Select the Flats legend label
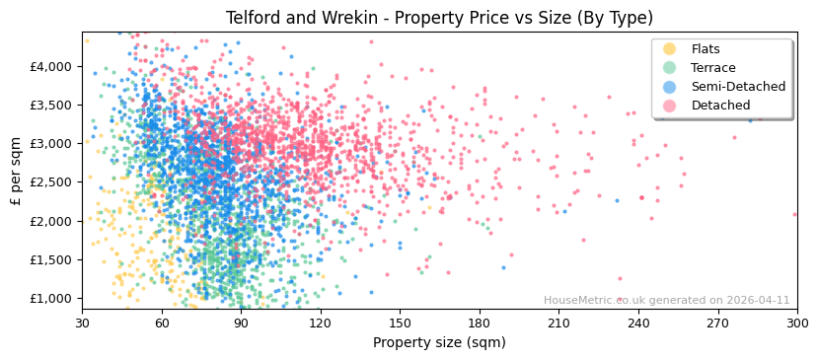705,49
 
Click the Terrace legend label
712,68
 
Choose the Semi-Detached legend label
738,87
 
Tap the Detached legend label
720,106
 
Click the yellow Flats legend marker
670,49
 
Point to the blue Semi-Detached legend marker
670,87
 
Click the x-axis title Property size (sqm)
439,343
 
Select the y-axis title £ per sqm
16,171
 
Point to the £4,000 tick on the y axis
51,66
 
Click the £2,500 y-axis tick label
51,182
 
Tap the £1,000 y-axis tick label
51,299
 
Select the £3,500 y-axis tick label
51,105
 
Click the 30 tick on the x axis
82,323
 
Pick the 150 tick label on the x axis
400,323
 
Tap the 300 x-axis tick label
796,323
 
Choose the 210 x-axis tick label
558,323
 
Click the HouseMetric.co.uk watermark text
666,301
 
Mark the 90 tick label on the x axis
241,323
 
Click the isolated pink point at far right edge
794,214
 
